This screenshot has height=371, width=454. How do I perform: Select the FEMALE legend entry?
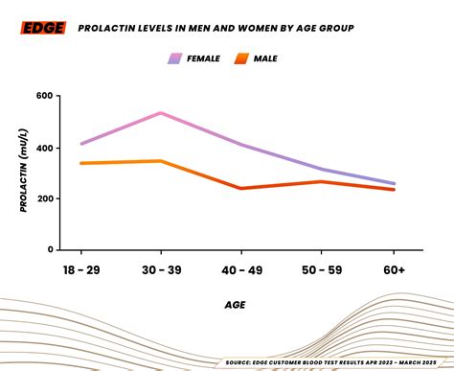pos(194,58)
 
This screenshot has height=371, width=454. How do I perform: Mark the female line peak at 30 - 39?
pos(160,113)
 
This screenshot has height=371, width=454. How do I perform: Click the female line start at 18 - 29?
pos(82,144)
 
